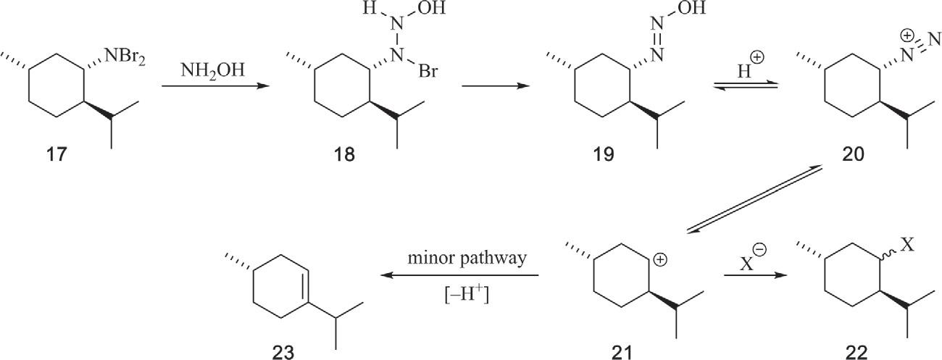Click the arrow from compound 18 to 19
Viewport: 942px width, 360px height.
489,86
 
